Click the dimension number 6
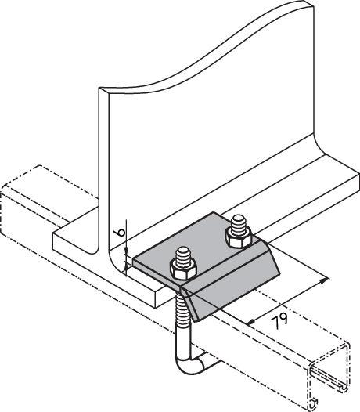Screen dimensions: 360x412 [121, 233]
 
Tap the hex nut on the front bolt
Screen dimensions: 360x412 [184, 270]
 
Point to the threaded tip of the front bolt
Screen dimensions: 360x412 [183, 255]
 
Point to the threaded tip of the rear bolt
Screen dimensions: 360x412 [239, 222]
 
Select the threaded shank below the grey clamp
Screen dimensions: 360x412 [182, 310]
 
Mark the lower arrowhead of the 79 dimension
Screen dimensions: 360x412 [251, 322]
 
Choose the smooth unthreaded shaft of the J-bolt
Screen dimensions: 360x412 [183, 342]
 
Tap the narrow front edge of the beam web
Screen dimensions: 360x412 [104, 171]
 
